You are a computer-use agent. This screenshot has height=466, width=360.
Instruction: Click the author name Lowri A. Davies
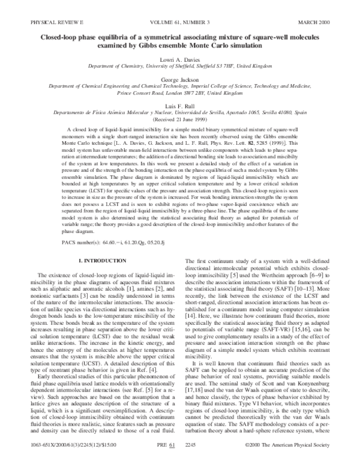point(181,61)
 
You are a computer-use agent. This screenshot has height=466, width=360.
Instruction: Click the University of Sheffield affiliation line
point(181,69)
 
